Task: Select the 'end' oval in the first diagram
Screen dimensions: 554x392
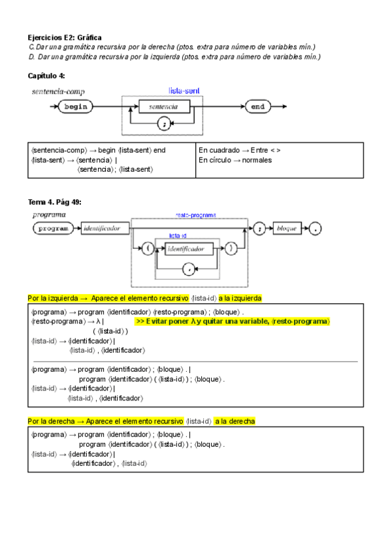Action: coord(257,106)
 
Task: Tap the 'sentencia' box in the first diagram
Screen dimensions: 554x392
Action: coord(164,106)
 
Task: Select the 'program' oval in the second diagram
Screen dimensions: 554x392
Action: coord(54,229)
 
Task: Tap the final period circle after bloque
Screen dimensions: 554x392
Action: coord(316,229)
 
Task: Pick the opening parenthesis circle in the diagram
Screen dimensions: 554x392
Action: coord(149,248)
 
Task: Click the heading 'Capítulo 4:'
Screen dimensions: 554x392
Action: coord(46,76)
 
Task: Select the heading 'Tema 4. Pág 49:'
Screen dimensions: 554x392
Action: coord(55,201)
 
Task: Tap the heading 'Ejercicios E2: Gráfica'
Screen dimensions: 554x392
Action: coord(65,38)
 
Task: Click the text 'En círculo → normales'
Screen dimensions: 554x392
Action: coord(235,160)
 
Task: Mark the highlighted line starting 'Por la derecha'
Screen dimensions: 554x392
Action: coord(142,421)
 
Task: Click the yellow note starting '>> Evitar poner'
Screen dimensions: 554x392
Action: coord(233,321)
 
